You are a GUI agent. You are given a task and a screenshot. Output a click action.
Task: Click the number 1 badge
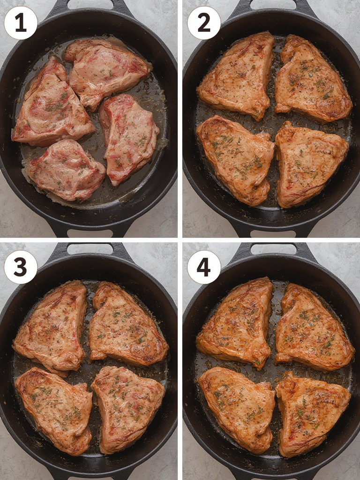tap(21, 23)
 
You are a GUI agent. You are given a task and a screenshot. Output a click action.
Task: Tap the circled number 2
tap(204, 23)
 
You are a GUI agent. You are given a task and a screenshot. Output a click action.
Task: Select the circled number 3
tap(21, 267)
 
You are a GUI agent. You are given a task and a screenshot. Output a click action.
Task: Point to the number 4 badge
tap(204, 267)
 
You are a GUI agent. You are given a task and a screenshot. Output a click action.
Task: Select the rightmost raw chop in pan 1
tap(128, 138)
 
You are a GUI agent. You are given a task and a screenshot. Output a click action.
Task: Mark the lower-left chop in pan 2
tap(236, 159)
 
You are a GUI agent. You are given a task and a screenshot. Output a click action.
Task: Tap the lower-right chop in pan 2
tap(311, 164)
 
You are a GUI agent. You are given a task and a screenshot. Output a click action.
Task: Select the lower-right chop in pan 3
tap(128, 409)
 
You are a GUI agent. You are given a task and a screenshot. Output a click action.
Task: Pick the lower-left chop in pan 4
tap(236, 409)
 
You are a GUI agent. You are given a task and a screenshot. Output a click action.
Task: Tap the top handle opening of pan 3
tap(90, 248)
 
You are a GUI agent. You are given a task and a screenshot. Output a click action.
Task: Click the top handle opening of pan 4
tap(273, 248)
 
